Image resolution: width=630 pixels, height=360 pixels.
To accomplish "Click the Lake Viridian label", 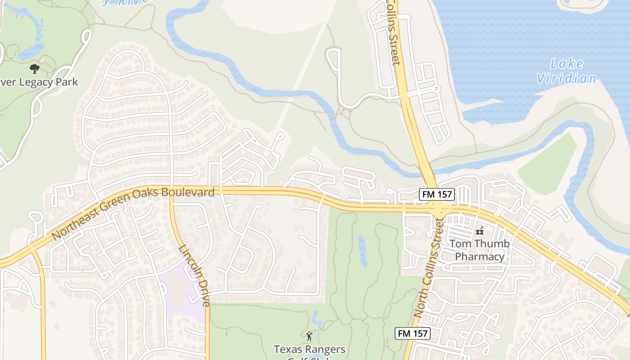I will pos(567,71).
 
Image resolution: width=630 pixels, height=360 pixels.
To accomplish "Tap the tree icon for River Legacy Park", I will pos(34,69).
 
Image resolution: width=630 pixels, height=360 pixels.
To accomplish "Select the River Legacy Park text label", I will pos(39,82).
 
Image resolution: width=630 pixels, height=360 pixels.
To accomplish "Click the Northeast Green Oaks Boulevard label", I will pos(133,213).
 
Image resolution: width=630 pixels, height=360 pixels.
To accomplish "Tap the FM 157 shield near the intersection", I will pos(437,194).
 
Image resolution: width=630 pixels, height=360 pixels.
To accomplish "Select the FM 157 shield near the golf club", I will pos(413,333).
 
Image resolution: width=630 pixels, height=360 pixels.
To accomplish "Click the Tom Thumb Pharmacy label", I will pos(480,250).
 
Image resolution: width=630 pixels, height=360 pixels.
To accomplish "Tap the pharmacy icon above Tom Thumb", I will pos(480,231).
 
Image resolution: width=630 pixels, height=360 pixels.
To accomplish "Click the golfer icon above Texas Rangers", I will pos(309,336).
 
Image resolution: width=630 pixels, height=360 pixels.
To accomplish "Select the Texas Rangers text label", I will pos(310,349).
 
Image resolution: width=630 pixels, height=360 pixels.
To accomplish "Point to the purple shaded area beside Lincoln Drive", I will pos(182,292).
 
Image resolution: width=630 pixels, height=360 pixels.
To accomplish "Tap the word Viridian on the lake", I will pos(567,79).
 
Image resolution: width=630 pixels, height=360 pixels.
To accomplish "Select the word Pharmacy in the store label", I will pos(480,256).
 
